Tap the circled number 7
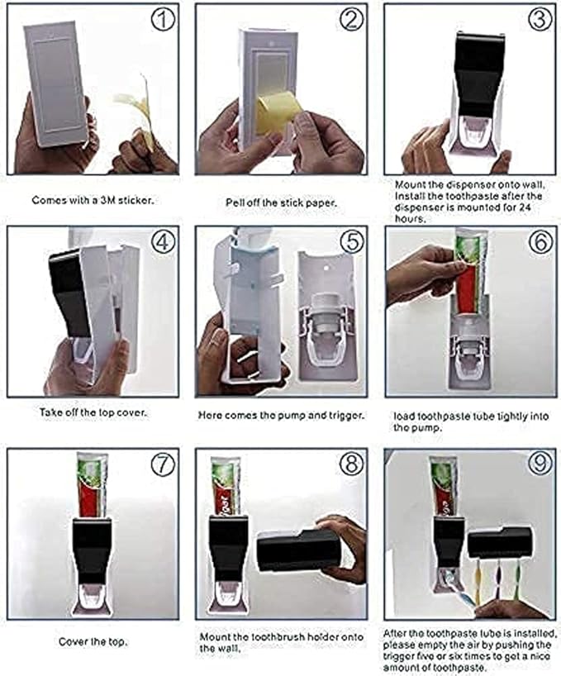[x=162, y=465]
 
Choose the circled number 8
[x=351, y=465]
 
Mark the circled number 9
[x=540, y=465]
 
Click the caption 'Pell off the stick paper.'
[x=280, y=201]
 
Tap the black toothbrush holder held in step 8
[x=297, y=550]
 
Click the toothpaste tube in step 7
[x=90, y=484]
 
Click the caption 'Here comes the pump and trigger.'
[x=280, y=416]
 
